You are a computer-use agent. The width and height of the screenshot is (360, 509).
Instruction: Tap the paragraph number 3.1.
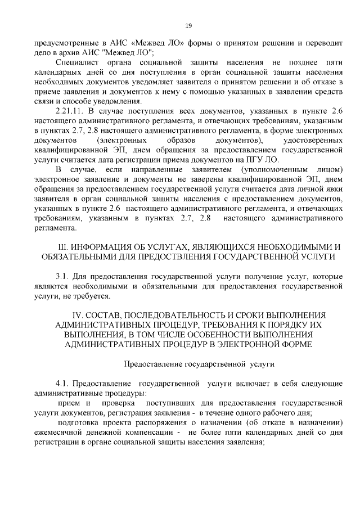(x=62, y=277)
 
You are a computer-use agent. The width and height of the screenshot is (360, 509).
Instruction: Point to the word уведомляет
(x=138, y=81)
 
